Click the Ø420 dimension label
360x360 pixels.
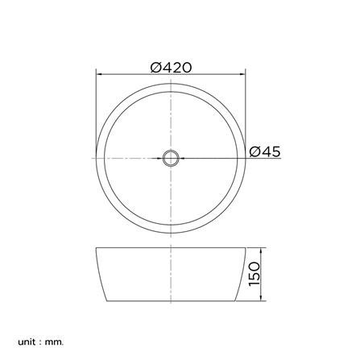click(x=171, y=68)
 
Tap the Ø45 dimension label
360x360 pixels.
click(x=265, y=152)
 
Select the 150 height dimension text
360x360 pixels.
click(x=254, y=274)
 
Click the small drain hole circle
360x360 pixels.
click(x=171, y=158)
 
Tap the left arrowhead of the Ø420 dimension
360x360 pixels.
click(x=99, y=74)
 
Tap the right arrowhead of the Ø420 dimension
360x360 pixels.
click(x=242, y=74)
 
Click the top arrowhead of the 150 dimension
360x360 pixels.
click(x=261, y=250)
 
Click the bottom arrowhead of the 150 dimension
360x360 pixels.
click(x=261, y=298)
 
